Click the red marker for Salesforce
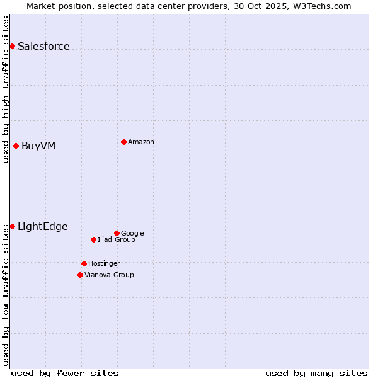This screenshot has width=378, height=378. tap(12, 46)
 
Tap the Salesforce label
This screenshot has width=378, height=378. tap(43, 46)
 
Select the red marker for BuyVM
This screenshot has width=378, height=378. tap(16, 146)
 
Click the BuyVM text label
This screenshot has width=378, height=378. tap(38, 146)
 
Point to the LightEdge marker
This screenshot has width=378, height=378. tap(12, 226)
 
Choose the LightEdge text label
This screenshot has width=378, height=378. tap(42, 227)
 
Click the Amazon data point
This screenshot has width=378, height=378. tap(123, 142)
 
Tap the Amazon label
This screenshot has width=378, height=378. tap(141, 142)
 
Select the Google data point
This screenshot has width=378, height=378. tap(117, 233)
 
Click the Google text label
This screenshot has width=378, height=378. tap(132, 233)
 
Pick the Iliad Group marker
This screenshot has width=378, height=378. tap(93, 239)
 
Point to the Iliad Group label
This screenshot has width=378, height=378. tap(117, 239)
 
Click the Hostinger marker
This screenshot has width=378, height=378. tap(84, 263)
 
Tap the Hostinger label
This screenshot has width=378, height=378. tap(104, 263)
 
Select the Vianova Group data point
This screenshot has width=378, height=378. tap(80, 275)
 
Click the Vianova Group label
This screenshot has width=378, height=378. tap(109, 275)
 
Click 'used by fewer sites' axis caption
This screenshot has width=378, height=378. tap(65, 373)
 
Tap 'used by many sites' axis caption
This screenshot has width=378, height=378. tap(316, 373)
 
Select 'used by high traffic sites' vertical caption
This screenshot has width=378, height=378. tap(6, 89)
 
